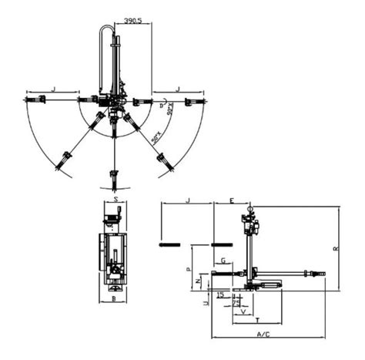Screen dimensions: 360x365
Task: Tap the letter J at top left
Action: [x=53, y=90]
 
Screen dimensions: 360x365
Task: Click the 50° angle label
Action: [x=156, y=137]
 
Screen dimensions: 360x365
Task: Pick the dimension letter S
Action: [x=115, y=199]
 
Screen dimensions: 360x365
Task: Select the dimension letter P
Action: [x=189, y=271]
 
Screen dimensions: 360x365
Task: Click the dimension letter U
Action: [x=204, y=304]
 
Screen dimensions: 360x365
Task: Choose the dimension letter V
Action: [x=244, y=312]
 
